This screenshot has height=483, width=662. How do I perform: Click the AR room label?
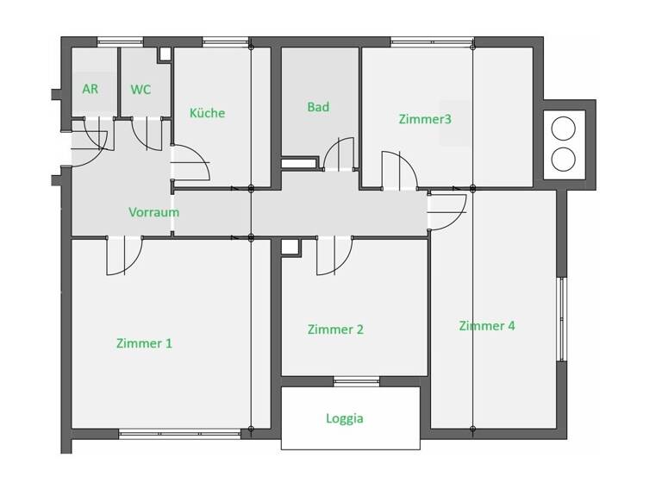click(x=90, y=89)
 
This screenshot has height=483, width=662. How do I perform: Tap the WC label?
click(x=141, y=89)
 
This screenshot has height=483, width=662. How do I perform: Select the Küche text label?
click(x=207, y=113)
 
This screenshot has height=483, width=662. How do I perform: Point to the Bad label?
click(x=318, y=107)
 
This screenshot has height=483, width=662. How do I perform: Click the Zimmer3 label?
click(x=425, y=118)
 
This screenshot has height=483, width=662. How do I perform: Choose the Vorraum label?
click(x=153, y=212)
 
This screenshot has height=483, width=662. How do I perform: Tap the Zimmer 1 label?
click(x=144, y=343)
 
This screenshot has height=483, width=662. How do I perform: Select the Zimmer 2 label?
click(x=335, y=329)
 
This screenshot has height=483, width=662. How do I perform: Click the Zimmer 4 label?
click(x=487, y=326)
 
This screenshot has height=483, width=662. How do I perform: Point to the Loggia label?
click(x=345, y=419)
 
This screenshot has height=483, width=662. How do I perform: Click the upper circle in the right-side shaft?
click(x=563, y=129)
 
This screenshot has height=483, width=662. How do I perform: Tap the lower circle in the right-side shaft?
click(x=563, y=159)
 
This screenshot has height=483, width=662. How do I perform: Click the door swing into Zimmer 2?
click(x=334, y=256)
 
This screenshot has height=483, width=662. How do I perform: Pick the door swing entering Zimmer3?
click(x=398, y=170)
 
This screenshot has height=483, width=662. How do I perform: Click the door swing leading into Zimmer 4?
click(x=446, y=212)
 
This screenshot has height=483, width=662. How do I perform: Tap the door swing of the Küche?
click(x=190, y=164)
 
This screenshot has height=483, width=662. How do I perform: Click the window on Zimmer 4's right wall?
click(x=562, y=318)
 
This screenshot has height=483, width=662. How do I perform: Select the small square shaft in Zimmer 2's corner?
click(x=290, y=248)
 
